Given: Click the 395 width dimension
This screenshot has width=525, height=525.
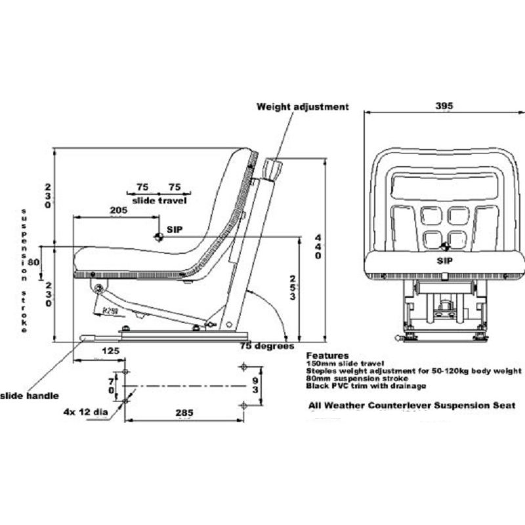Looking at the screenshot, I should point(444,105).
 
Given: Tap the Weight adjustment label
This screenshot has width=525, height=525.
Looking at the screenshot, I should point(303,106).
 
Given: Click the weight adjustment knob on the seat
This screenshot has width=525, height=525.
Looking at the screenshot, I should point(272,169).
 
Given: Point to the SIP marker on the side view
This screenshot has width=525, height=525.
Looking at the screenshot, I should point(158,236).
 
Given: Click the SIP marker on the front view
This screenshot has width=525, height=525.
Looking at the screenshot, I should point(445,247).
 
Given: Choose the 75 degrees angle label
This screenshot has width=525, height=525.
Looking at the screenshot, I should point(266,346).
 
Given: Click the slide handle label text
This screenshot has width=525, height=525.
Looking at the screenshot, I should point(30,395).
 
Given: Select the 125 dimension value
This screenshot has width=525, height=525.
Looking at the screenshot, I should point(111,351).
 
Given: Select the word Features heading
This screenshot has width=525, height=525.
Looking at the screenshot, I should point(327,355).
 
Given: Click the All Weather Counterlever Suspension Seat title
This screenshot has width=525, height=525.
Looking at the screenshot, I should point(411,406).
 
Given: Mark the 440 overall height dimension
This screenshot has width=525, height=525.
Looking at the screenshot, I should point(318,246).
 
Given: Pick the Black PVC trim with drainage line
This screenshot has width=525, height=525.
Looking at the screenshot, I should point(366,386).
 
